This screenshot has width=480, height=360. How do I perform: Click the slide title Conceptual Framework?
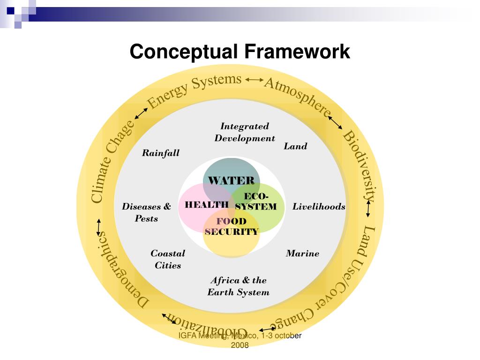(240, 52)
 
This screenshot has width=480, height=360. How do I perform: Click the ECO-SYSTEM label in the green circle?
(256, 202)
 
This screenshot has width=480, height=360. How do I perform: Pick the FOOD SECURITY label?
(232, 226)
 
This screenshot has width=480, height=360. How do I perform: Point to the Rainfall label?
(160, 153)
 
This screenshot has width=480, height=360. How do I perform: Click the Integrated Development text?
(245, 132)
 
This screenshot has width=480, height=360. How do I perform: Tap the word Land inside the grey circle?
(295, 146)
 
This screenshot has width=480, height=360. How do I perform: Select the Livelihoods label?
(319, 207)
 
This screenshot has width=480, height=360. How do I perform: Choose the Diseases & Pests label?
(146, 212)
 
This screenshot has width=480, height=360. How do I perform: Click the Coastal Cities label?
(168, 259)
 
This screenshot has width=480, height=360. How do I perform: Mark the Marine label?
(302, 254)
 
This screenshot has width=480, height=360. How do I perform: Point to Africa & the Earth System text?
(239, 286)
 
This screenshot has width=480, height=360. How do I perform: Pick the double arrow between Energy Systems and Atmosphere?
(255, 80)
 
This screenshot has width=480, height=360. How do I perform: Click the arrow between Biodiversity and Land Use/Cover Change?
(368, 209)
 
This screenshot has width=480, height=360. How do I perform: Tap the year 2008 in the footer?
(240, 345)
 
